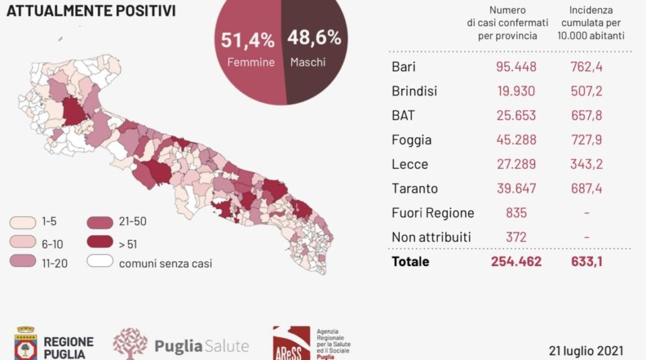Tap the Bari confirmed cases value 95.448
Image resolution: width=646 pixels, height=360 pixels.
(516, 67)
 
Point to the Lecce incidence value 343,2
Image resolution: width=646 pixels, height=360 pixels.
(586, 165)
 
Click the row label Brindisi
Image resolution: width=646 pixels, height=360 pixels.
(414, 91)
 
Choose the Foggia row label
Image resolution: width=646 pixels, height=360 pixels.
(411, 140)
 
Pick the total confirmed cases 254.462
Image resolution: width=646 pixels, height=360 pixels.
(516, 262)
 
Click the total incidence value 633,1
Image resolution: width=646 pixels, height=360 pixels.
(586, 262)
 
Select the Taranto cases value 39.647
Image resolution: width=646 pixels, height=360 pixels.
(516, 189)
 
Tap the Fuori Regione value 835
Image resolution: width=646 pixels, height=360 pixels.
(516, 213)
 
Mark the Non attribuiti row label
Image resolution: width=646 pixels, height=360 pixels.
(431, 237)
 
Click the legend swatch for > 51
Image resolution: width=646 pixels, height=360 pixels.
(100, 241)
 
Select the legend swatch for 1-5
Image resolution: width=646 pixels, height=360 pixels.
(23, 223)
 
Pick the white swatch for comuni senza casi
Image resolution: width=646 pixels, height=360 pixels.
(100, 261)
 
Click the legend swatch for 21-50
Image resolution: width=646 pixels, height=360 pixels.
(100, 223)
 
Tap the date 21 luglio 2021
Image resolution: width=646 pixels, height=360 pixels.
(586, 351)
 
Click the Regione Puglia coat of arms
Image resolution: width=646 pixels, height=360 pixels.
(25, 344)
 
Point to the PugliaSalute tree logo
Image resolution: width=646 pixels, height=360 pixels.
(130, 344)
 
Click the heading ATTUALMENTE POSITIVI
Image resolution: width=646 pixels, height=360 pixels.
(91, 11)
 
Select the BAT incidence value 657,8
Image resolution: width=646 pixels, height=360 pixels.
(586, 116)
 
